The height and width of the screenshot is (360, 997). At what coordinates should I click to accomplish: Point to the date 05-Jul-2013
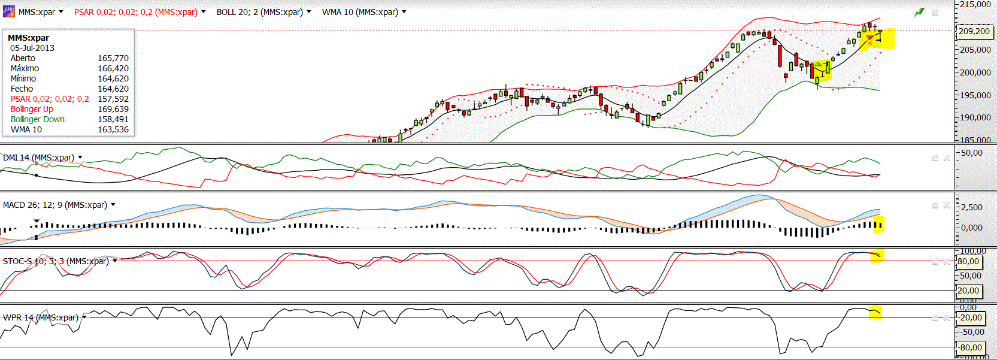point(32,48)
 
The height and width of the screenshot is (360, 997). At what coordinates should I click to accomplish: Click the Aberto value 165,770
point(113,58)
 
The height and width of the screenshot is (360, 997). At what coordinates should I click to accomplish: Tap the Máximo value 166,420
point(113,68)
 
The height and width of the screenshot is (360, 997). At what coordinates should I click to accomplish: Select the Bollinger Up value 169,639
point(113,109)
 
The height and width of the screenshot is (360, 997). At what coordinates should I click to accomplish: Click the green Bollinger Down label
point(38,119)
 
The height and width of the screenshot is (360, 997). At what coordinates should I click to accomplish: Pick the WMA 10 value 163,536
point(113,129)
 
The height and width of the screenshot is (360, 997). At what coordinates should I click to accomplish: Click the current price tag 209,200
point(974,31)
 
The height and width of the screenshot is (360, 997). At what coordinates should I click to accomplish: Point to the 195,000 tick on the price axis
point(975,95)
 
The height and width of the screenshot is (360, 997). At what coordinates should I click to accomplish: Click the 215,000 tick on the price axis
point(975,4)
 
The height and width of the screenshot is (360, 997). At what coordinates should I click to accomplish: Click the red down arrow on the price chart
point(869,39)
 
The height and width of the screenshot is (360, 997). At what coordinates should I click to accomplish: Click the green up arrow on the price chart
point(819,65)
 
